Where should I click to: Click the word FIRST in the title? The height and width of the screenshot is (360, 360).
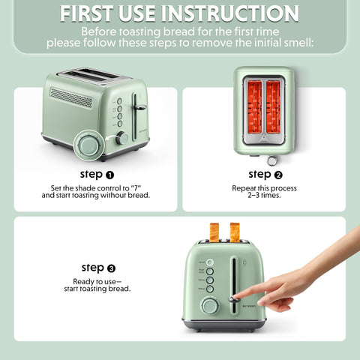[x=97, y=13]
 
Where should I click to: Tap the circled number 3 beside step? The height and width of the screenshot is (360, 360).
[x=111, y=268]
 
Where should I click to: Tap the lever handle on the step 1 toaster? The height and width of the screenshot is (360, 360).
[x=139, y=107]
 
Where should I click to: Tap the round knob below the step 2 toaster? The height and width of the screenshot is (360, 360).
[x=271, y=160]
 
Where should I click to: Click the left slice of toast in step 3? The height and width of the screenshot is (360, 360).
[x=214, y=232]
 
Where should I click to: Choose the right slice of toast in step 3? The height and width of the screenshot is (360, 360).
[x=235, y=232]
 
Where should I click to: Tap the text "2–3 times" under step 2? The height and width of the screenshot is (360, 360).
[x=264, y=195]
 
